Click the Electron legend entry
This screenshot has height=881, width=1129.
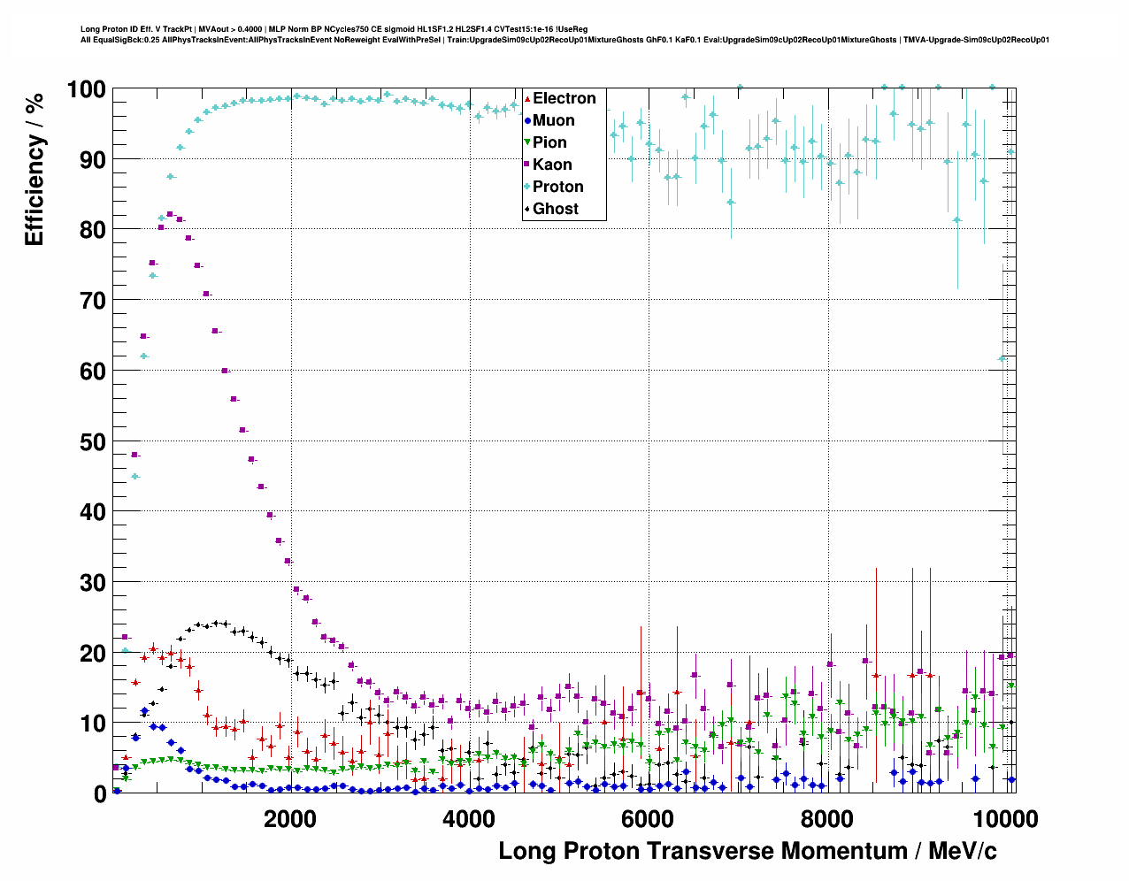click(564, 98)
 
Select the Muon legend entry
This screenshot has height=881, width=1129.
click(553, 120)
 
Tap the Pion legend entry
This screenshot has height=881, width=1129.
click(549, 142)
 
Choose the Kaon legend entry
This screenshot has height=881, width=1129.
click(552, 165)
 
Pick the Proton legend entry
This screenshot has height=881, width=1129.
click(557, 187)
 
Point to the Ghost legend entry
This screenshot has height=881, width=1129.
click(555, 209)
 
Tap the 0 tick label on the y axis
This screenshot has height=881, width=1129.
click(100, 794)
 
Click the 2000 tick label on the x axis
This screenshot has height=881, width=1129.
click(290, 818)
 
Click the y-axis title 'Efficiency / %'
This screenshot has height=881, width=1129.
click(35, 169)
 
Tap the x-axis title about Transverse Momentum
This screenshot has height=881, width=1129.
click(748, 851)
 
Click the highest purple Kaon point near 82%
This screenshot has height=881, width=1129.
click(170, 214)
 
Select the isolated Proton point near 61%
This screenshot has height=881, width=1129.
click(1002, 358)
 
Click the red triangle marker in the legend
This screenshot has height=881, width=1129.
click(527, 98)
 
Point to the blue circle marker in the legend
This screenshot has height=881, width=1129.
click(527, 120)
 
